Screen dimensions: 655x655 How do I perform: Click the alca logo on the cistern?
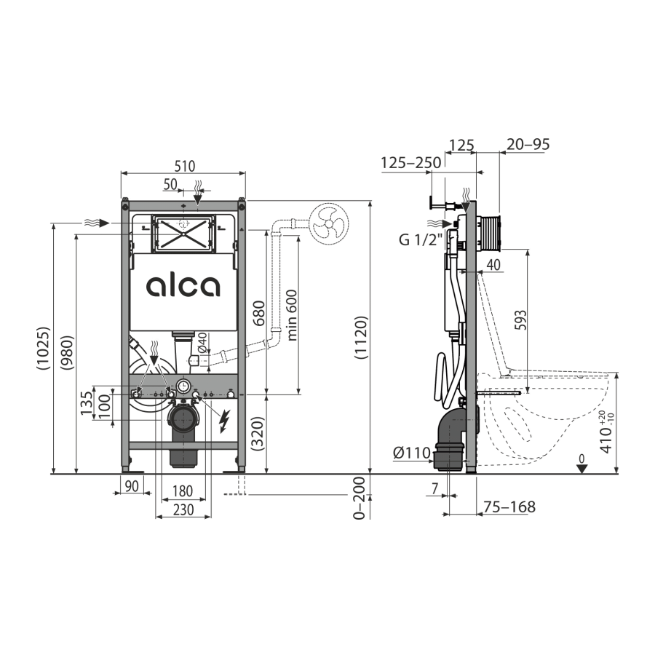183,286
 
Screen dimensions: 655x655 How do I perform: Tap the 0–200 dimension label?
358,498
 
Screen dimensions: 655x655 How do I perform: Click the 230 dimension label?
183,510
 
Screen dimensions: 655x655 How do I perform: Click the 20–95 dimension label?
528,144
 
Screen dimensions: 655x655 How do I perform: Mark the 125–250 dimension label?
412,162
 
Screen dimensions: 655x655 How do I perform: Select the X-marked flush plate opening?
183,233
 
